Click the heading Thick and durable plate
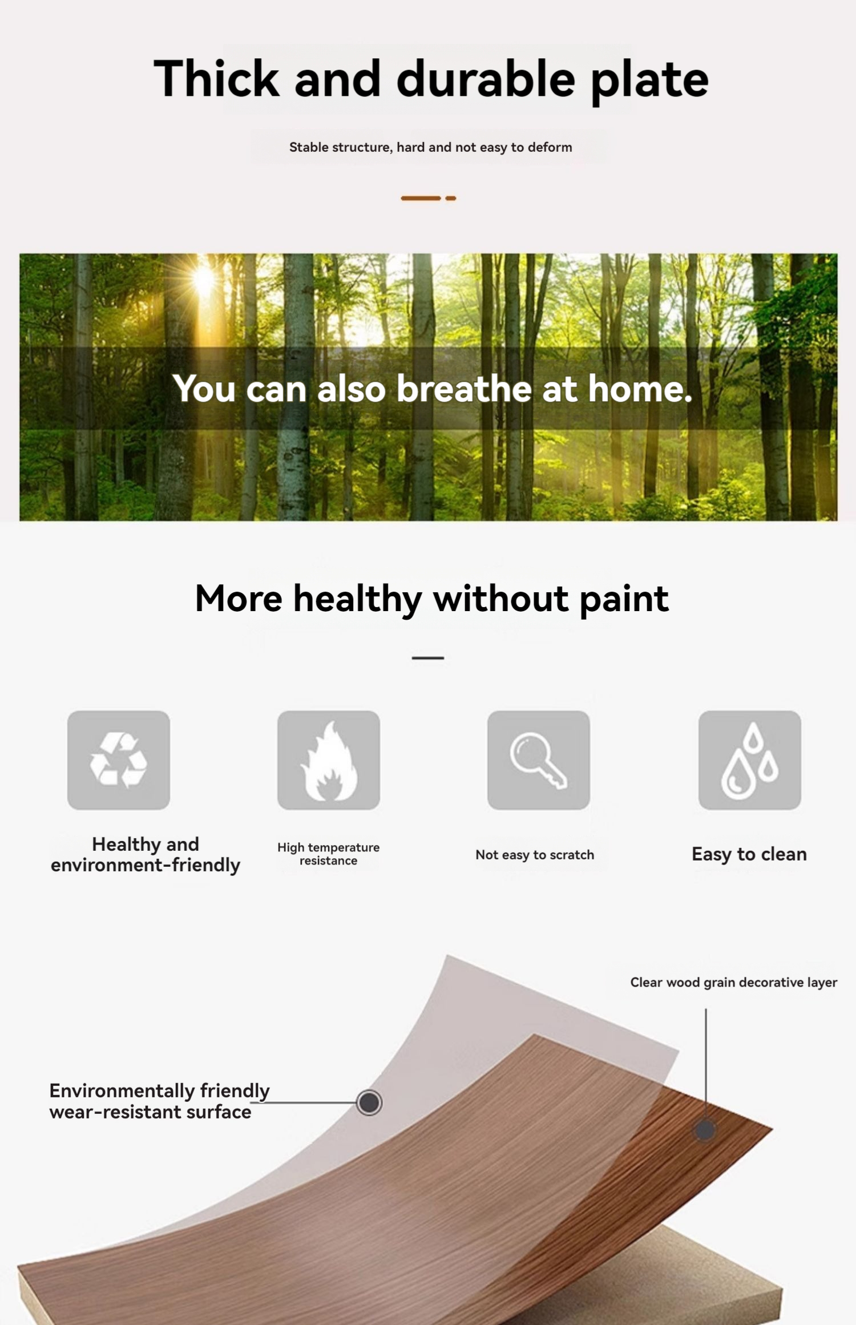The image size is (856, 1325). click(431, 80)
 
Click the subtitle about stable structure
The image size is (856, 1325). click(431, 147)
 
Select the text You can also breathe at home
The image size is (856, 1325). click(433, 389)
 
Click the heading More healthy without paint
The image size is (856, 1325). click(431, 599)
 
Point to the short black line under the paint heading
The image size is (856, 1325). click(428, 658)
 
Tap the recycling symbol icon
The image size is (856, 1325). click(119, 760)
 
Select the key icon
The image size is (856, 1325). click(539, 760)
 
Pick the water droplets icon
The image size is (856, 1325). click(750, 760)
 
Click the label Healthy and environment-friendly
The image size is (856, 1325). click(146, 855)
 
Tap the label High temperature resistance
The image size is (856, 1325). click(329, 854)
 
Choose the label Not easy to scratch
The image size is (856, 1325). click(535, 855)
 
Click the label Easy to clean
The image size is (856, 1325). click(749, 854)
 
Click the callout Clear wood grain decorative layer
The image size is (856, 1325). click(734, 982)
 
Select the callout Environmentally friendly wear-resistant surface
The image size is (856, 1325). click(160, 1101)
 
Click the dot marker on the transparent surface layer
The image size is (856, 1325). click(369, 1102)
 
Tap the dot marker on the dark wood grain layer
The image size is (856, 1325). click(705, 1130)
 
